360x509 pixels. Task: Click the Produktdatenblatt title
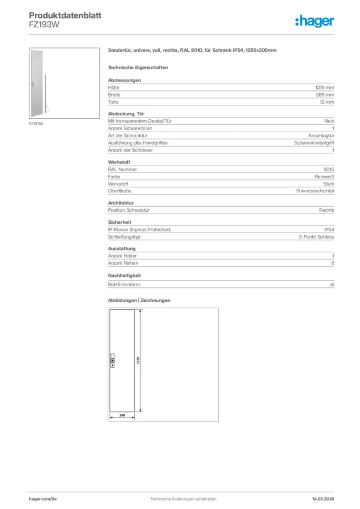[65, 15]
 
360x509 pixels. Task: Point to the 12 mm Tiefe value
[327, 102]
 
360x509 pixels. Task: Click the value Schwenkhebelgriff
[314, 143]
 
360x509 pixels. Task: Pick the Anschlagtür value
[321, 135]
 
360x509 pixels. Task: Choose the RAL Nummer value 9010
[329, 169]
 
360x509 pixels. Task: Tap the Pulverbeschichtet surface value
[315, 191]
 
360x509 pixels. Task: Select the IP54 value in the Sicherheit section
[329, 230]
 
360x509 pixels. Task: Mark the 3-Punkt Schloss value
[316, 237]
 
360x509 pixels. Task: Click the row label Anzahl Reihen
[123, 263]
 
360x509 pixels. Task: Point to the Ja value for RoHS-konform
[331, 284]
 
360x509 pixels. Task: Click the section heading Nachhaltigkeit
[124, 275]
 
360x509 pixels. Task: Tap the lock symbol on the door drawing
[112, 360]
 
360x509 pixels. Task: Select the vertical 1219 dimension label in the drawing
[137, 360]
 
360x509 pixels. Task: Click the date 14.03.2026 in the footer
[318, 499]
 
